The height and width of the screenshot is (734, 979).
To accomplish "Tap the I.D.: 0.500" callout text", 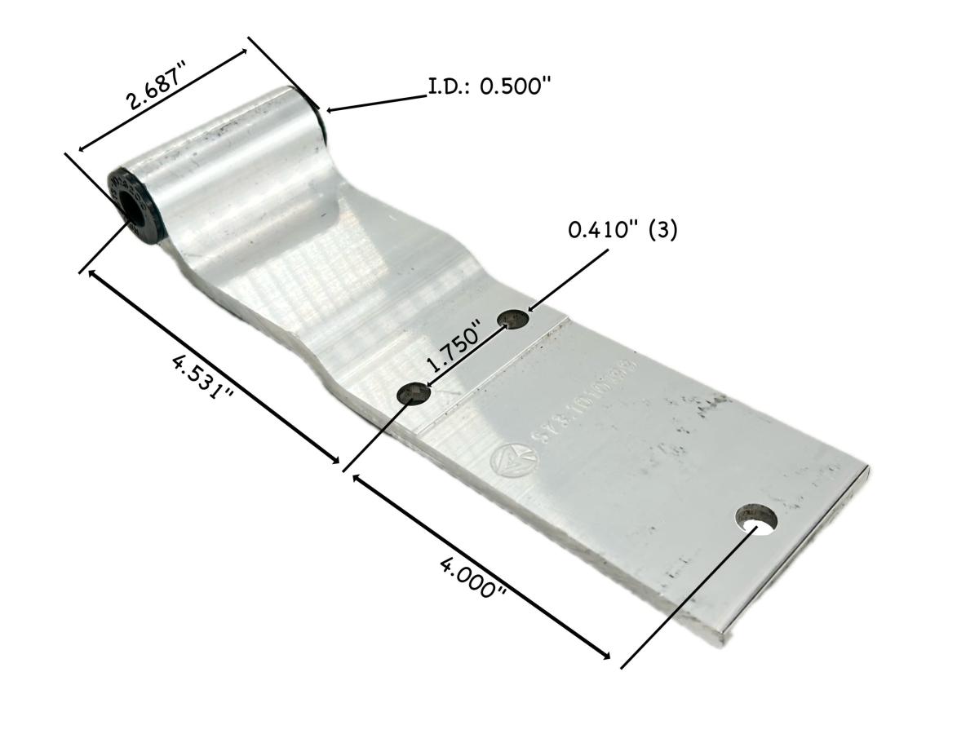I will point(485,86).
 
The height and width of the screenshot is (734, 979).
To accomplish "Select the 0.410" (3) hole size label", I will point(622,231).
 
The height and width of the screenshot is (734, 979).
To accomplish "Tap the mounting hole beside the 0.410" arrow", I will point(515,319).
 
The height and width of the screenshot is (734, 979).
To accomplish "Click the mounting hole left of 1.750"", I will point(413,395).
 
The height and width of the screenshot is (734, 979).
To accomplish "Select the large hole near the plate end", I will point(756,519).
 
